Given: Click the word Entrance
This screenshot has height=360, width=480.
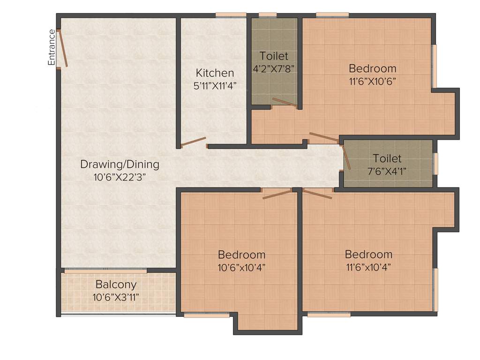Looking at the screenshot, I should point(52,47).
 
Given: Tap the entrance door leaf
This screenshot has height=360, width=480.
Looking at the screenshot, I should point(63,49).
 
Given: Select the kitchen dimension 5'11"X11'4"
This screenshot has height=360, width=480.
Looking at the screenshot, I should point(215,85).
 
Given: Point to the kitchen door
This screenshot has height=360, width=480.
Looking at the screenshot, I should point(194,142).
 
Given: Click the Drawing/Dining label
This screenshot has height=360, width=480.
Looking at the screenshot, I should point(120,165).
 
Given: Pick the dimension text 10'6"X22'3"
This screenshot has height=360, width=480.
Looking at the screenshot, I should point(120,177).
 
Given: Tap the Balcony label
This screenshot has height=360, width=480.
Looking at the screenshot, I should point(116,285).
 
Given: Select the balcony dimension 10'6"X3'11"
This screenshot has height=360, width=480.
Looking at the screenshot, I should point(116,297).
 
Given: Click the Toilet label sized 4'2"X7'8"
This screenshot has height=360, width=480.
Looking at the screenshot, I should point(274,56).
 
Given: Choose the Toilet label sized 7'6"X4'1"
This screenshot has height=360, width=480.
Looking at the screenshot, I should point(387,158).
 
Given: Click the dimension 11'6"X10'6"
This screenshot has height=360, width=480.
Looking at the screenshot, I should point(373,81).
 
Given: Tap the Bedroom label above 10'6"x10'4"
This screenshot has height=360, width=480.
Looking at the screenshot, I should point(241,255).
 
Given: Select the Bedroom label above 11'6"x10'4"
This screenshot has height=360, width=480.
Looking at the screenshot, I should point(368,255).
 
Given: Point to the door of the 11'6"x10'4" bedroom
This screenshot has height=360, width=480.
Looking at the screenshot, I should point(317,194).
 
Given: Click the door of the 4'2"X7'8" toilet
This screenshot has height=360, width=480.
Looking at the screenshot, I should point(285,103).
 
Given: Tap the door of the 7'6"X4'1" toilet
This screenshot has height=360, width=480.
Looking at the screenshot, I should point(346,156).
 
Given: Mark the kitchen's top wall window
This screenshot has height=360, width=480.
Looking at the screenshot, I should point(231,15).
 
